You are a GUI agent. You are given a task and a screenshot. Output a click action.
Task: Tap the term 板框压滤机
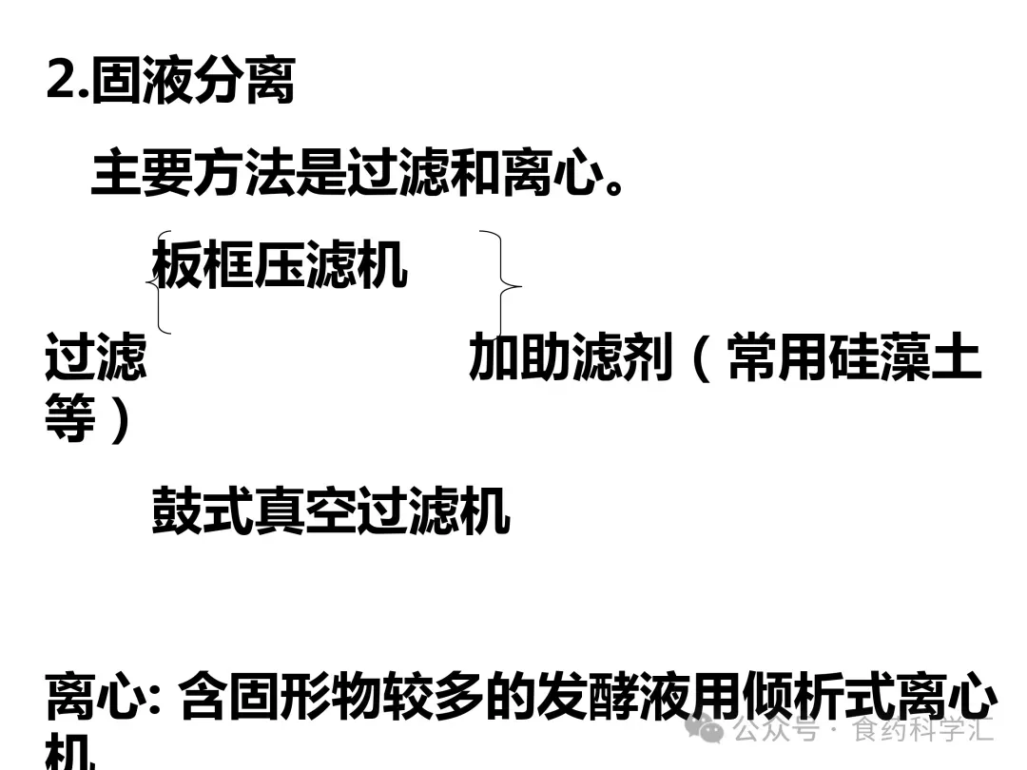pos(280,265)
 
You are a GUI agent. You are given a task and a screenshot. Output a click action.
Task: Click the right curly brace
pos(504,283)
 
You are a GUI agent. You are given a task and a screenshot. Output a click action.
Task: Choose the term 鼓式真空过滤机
pos(330,511)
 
